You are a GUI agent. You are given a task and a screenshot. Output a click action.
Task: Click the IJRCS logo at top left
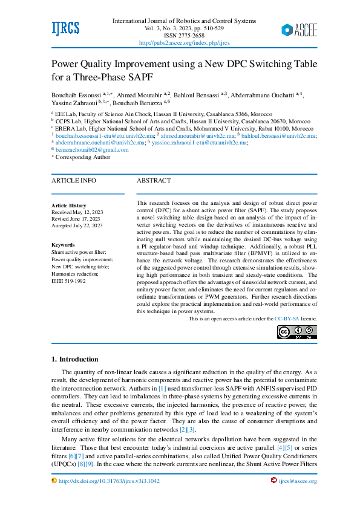(x=65, y=28)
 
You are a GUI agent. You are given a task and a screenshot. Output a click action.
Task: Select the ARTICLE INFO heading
(x=73, y=180)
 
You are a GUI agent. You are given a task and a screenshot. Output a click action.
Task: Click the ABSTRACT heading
(x=154, y=180)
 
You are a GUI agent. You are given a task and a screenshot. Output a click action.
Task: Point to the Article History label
(x=69, y=206)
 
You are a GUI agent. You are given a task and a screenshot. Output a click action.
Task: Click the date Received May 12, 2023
(x=77, y=212)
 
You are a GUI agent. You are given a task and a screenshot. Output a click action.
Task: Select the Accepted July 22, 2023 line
(x=77, y=225)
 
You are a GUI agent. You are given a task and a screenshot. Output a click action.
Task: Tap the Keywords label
(x=63, y=245)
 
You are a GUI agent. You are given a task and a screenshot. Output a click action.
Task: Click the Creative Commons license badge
(x=296, y=332)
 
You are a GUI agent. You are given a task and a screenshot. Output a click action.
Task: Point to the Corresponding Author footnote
(x=83, y=157)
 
